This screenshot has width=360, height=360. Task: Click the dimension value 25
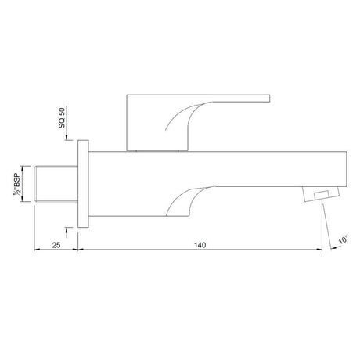click(56, 246)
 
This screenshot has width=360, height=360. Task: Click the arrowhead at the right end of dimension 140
click(319, 252)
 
